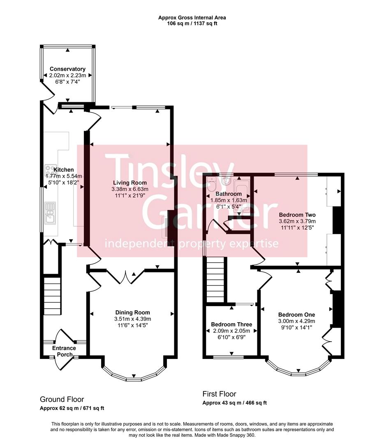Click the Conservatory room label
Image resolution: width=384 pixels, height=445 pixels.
pos(67,69)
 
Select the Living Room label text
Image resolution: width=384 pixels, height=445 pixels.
pos(130,183)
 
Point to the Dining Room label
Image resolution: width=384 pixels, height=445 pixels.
pos(132,312)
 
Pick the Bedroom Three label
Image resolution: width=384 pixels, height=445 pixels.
pos(231,324)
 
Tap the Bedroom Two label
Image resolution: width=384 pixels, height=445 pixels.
pos(297,215)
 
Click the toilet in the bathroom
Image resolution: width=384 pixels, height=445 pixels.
pos(211,182)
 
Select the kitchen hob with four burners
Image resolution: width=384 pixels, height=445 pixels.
pos(51,170)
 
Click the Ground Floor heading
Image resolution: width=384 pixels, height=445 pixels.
pos(62,399)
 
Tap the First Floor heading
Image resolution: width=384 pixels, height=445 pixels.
pos(220,394)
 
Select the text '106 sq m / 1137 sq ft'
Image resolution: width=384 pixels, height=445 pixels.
pos(192,23)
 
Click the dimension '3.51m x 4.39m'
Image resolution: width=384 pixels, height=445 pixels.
pos(132,319)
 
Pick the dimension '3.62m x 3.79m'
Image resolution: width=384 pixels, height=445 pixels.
pos(297,221)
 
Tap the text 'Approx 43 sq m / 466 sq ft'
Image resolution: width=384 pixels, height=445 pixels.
pos(235,403)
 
